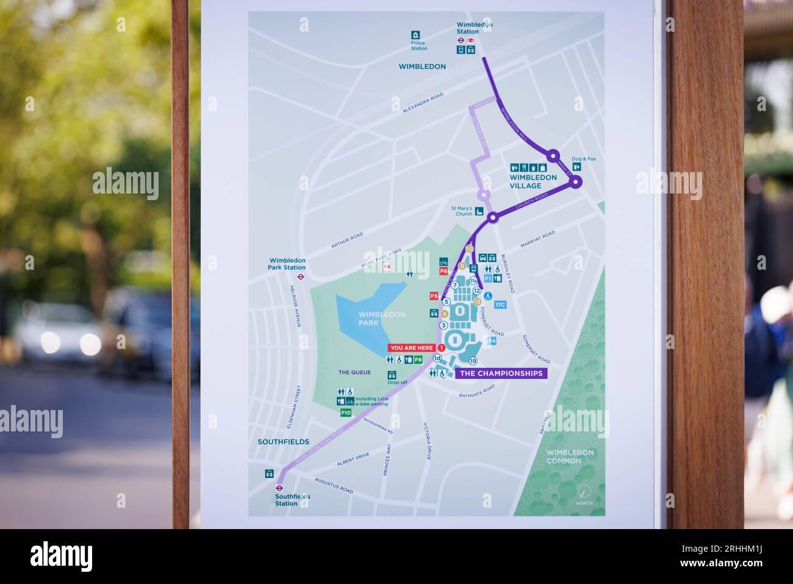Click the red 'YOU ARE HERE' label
412,348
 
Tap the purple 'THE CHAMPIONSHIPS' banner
501,373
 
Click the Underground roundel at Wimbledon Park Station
300,276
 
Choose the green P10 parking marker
346,413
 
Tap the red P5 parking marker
434,296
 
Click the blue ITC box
501,305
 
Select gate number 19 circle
473,361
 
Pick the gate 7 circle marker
455,284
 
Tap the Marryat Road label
537,239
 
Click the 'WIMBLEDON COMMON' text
570,456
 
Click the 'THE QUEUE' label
354,372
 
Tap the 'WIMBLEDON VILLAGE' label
533,181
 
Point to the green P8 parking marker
418,360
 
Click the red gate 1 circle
441,348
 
